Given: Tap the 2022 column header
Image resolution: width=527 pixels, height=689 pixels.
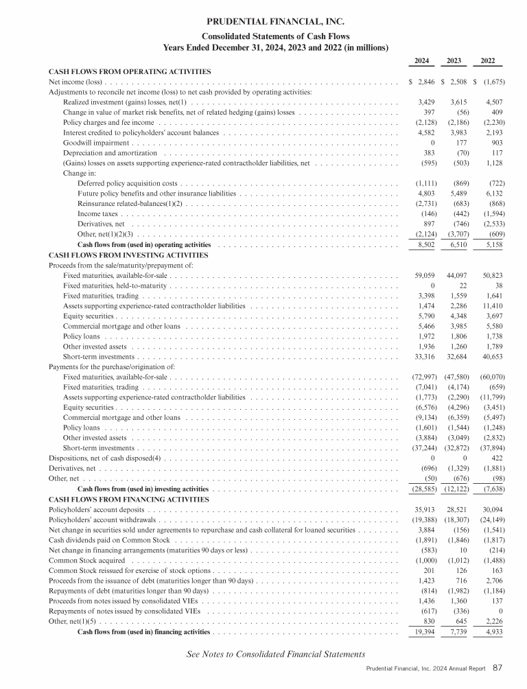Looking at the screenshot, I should click(x=488, y=61).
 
